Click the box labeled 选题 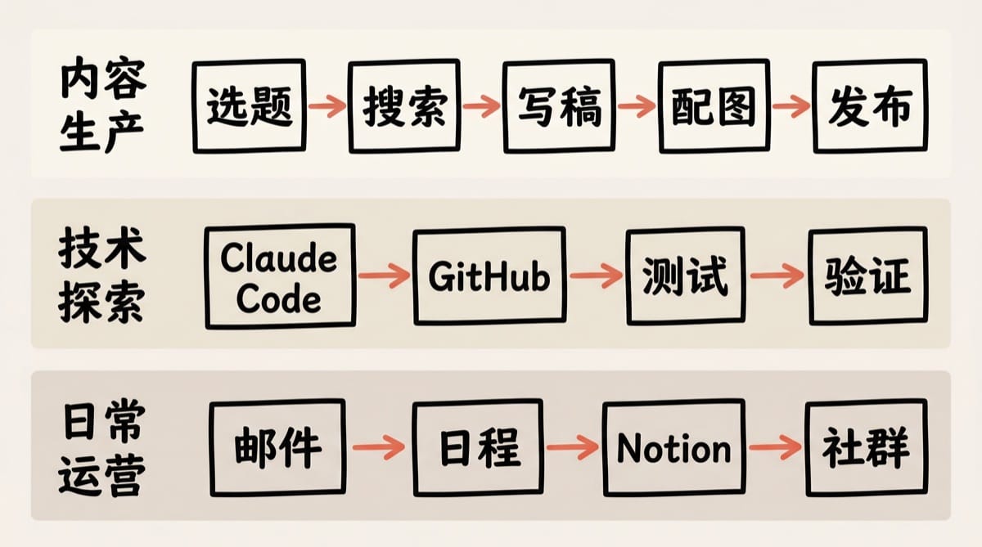249,106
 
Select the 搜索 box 404,106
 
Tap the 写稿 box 559,106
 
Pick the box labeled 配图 715,106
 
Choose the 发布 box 870,106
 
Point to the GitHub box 489,276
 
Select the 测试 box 685,276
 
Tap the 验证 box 867,276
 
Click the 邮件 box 277,447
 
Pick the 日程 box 479,447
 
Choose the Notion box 673,447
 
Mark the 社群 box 866,447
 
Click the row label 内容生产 102,106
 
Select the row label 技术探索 102,276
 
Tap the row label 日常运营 102,447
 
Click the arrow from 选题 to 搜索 327,106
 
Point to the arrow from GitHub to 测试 595,276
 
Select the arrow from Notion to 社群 775,447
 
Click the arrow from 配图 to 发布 792,106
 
